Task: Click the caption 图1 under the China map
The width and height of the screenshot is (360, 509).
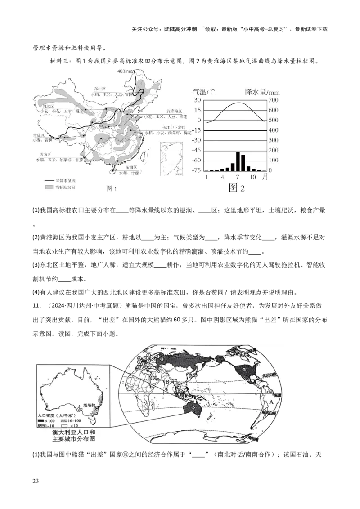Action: (x=111, y=189)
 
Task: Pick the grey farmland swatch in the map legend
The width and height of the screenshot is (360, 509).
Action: (x=47, y=187)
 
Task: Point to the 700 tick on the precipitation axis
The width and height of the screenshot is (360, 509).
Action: (x=273, y=100)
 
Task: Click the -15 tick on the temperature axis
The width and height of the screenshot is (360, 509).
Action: (x=198, y=130)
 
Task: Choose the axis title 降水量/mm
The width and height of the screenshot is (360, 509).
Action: (x=262, y=91)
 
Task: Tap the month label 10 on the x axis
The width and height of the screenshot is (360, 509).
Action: (x=253, y=177)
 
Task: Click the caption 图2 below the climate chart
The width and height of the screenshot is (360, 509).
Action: (x=237, y=188)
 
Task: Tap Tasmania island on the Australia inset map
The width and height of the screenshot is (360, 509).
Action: (x=93, y=421)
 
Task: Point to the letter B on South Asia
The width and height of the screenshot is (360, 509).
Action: (x=167, y=382)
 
